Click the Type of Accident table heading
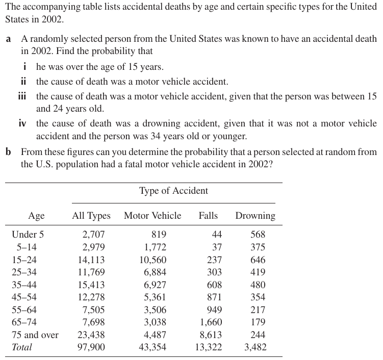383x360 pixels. (173, 191)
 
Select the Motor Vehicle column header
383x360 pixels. (152, 216)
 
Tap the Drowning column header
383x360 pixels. (255, 216)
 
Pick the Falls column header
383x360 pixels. (208, 216)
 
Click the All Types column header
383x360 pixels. (91, 216)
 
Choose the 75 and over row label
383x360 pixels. (35, 335)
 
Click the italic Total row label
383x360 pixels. (21, 347)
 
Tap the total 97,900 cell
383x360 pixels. (92, 347)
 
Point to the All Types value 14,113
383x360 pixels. (92, 260)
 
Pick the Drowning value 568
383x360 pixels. (258, 235)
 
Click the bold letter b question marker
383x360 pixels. (9, 152)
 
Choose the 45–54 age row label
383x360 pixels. (24, 297)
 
